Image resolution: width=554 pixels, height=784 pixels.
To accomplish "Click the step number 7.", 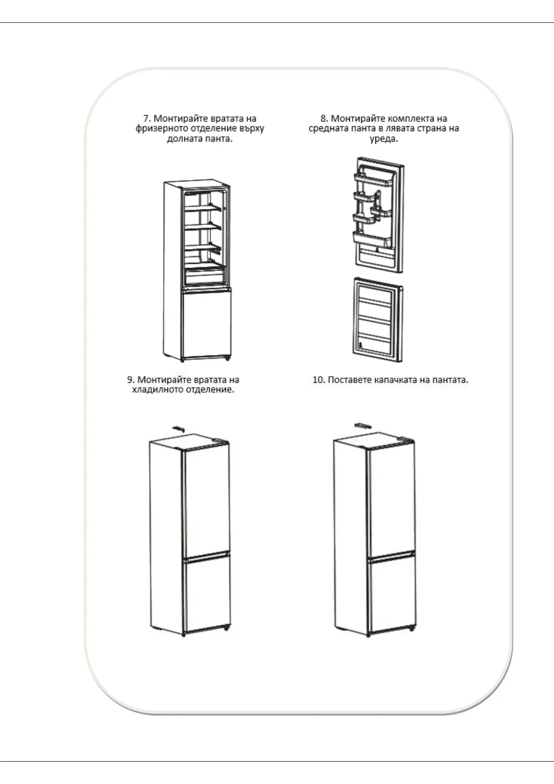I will click(146, 119).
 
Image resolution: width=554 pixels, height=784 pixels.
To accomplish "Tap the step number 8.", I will click(323, 119).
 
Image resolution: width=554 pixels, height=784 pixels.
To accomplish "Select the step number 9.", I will click(130, 380).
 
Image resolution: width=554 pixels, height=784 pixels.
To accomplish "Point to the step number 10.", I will click(318, 380).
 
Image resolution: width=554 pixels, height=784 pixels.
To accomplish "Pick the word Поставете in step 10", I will click(349, 380).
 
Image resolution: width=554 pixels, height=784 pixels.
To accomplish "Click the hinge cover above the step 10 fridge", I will click(362, 425).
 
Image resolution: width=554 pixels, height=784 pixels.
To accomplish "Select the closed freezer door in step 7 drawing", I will click(207, 324).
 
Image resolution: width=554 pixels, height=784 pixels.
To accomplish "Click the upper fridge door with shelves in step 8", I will click(378, 214).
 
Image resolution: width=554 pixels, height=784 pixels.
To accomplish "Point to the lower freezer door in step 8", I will click(377, 320).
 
